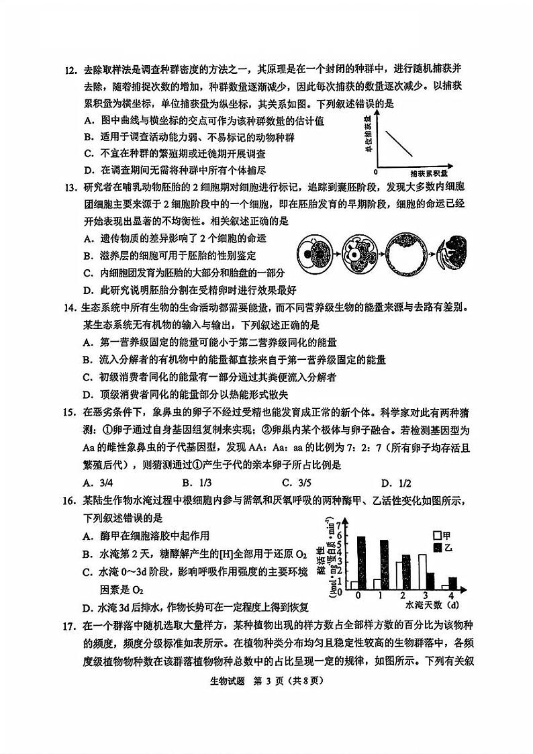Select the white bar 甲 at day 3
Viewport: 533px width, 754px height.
click(x=422, y=572)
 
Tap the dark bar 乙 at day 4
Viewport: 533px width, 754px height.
click(x=452, y=583)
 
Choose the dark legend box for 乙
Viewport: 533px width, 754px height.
click(x=437, y=548)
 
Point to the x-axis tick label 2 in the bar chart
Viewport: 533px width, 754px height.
click(x=402, y=596)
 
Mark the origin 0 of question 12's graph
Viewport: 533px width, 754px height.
click(x=375, y=172)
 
